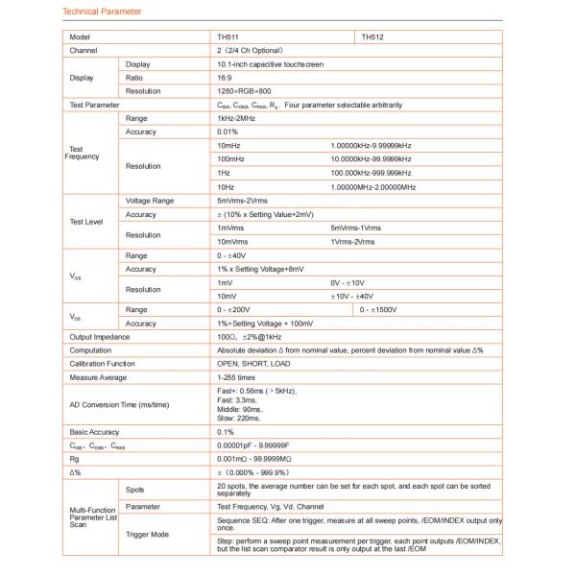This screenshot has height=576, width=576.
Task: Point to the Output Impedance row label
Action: [x=98, y=337]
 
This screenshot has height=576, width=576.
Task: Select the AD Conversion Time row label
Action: [x=113, y=405]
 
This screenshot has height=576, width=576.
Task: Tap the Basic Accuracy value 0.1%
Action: [x=226, y=433]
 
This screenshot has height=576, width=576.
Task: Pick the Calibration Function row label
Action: [x=101, y=364]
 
